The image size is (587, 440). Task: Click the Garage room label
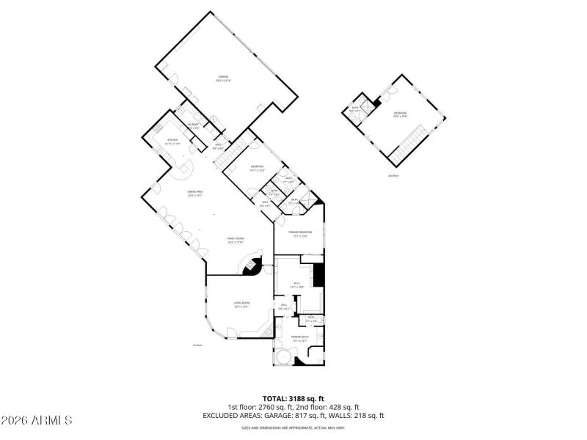click(223, 77)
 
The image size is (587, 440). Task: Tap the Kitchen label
click(172, 140)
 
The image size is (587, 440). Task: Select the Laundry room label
click(194, 126)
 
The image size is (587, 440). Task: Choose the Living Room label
click(242, 304)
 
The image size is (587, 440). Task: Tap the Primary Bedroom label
click(300, 232)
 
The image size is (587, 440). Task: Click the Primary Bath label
click(299, 338)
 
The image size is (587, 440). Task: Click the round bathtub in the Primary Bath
click(282, 357)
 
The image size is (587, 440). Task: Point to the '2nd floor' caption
click(394, 175)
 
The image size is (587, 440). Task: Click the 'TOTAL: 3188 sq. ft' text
click(293, 399)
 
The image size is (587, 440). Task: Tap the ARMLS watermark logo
click(37, 421)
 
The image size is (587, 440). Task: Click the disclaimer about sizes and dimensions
click(293, 428)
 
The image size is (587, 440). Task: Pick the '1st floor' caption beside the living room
click(197, 345)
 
